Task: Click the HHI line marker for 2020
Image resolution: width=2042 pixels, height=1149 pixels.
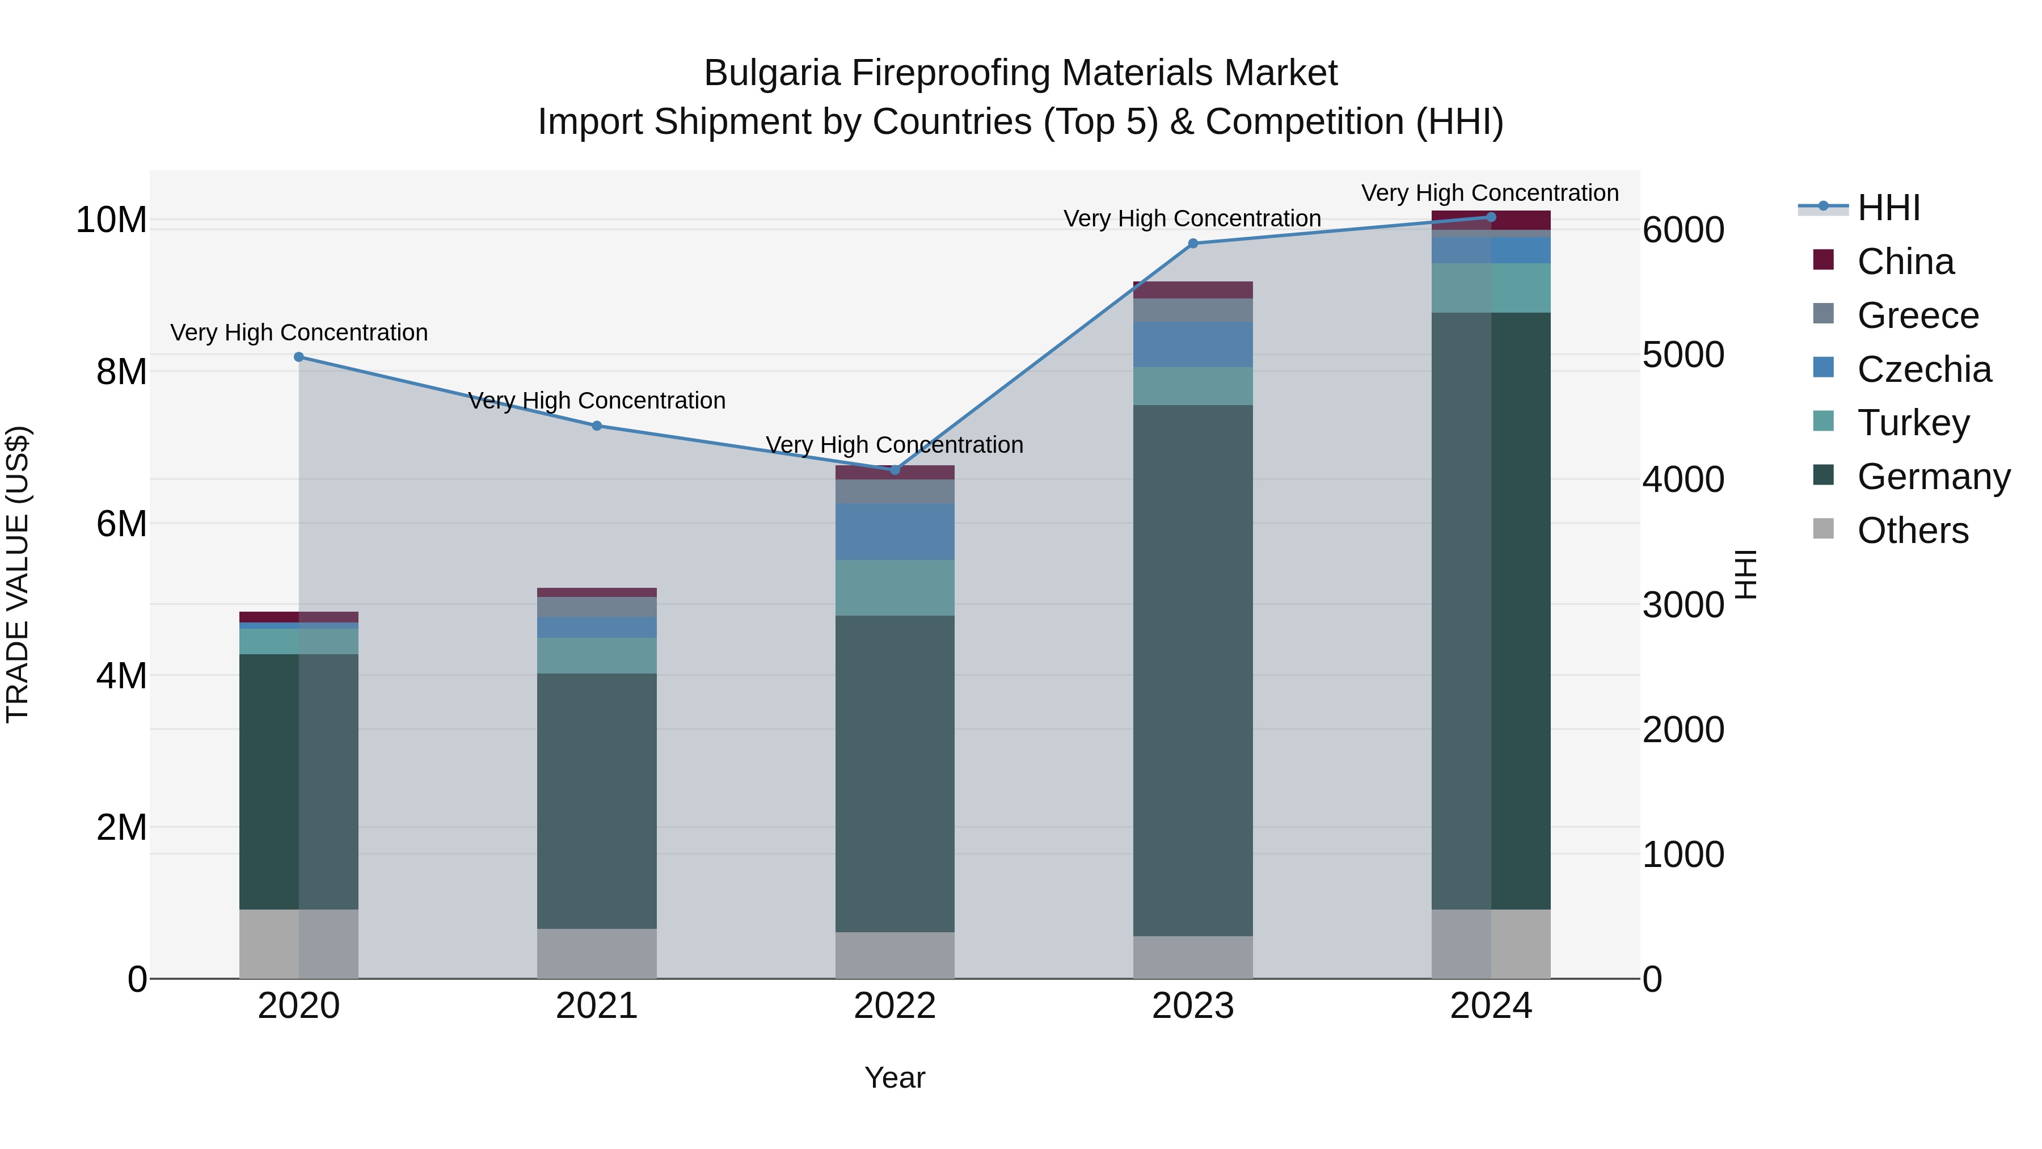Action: (x=299, y=357)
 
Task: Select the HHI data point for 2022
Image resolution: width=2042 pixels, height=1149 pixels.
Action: (x=895, y=470)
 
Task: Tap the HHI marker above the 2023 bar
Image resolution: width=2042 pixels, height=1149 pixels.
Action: (x=1193, y=243)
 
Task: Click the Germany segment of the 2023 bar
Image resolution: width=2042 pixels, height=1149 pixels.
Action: (x=1193, y=670)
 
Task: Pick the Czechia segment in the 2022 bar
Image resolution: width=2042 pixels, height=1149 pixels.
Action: (x=895, y=531)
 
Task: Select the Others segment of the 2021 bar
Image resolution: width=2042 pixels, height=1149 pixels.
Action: (x=597, y=953)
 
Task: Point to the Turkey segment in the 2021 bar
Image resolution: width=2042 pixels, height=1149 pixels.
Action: (x=597, y=656)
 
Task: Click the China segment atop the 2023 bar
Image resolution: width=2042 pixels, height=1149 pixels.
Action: (x=1193, y=289)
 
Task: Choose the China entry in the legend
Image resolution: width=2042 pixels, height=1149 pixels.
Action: (x=1905, y=262)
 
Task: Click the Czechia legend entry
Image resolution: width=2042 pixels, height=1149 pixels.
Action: (x=1923, y=369)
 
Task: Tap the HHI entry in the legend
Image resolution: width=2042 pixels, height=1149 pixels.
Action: (x=1888, y=208)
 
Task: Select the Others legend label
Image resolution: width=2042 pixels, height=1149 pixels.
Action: (x=1912, y=531)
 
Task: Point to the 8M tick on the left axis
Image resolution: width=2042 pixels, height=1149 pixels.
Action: (x=121, y=372)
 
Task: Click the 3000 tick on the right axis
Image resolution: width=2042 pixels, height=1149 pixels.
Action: (x=1683, y=605)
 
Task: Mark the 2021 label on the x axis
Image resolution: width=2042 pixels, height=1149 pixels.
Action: (x=597, y=1006)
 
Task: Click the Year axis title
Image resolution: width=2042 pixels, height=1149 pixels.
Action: (x=895, y=1078)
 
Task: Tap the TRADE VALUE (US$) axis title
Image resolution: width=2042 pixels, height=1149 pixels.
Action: (x=18, y=574)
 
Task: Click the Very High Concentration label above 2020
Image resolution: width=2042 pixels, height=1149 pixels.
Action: (x=299, y=333)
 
